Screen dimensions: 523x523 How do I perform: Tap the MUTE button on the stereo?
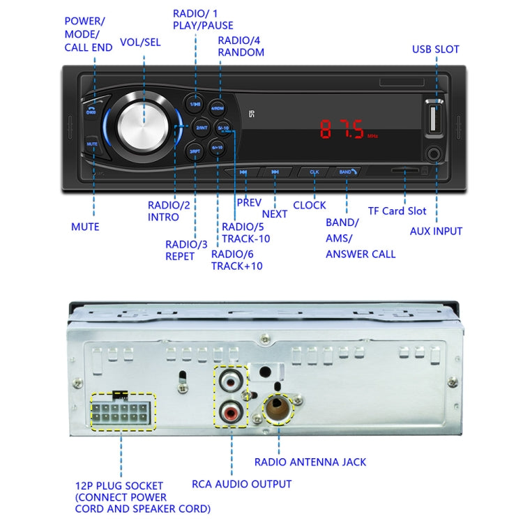click(92, 144)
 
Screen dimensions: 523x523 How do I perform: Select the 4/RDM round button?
click(218, 108)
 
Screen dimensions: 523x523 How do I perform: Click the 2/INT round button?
click(202, 128)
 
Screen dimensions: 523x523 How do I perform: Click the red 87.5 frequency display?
click(342, 130)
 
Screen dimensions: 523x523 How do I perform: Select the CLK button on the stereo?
click(314, 172)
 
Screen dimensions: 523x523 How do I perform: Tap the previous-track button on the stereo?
click(243, 172)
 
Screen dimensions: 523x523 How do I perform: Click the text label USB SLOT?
click(435, 50)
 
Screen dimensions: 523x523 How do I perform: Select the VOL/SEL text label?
click(140, 42)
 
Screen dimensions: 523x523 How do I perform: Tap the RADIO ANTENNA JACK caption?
click(310, 462)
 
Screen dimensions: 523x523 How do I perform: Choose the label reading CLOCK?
click(309, 205)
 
